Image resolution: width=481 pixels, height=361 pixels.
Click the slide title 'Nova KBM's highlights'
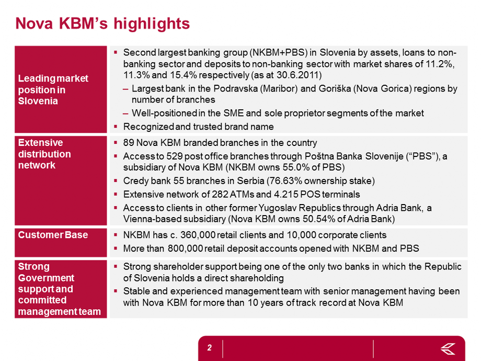coord(102,24)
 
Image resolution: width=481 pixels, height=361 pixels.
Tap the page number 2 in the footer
coord(209,348)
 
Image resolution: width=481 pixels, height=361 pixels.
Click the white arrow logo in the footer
coord(448,349)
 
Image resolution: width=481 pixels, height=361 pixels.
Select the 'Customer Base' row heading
coord(53,235)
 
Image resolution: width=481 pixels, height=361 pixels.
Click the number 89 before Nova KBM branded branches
coord(128,143)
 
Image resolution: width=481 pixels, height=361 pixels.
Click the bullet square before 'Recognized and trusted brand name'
coord(116,126)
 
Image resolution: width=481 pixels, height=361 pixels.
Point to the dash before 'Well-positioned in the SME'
coord(125,114)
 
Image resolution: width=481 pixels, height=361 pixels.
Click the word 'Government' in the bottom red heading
coord(46,278)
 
